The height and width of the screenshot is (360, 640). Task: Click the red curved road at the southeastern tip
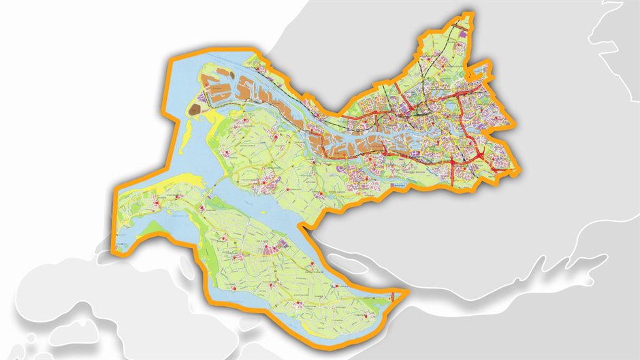coord(394,296)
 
